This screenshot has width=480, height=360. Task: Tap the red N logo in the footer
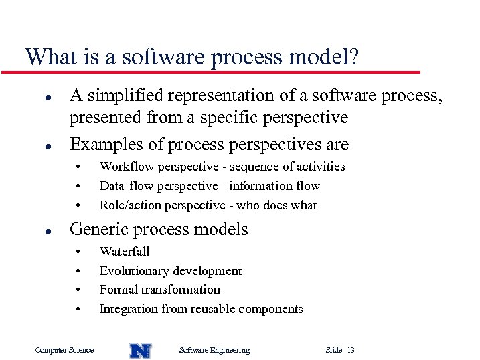(x=140, y=350)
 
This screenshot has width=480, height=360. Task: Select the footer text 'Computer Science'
(x=64, y=350)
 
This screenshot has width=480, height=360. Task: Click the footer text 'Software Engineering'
(x=214, y=350)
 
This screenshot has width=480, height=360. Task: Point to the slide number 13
(x=351, y=350)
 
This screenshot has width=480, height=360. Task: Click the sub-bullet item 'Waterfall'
(x=125, y=252)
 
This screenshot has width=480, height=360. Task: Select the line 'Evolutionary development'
(x=171, y=271)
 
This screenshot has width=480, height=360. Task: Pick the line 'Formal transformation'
(x=159, y=290)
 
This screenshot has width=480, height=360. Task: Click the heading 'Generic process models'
(x=159, y=229)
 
